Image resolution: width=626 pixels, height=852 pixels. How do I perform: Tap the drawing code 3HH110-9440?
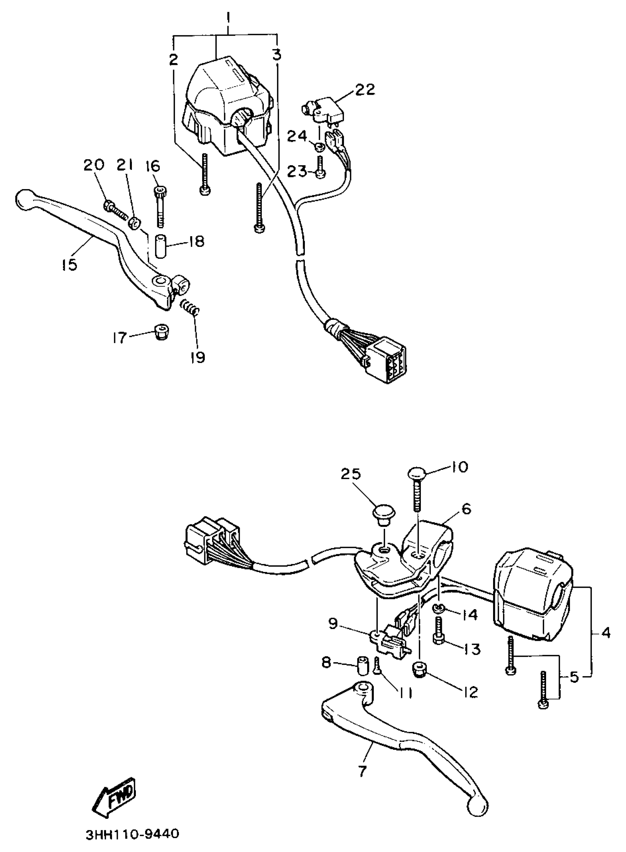(x=132, y=835)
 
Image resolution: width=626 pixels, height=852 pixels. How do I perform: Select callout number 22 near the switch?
(x=365, y=90)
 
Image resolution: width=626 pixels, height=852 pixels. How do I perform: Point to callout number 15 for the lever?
(x=69, y=265)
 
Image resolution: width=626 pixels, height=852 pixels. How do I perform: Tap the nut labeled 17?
(x=161, y=332)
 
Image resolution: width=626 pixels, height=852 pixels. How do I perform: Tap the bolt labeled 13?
(x=439, y=630)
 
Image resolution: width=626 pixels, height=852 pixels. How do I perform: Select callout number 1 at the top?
(x=228, y=17)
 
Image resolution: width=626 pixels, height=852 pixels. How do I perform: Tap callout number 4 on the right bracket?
(x=605, y=632)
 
